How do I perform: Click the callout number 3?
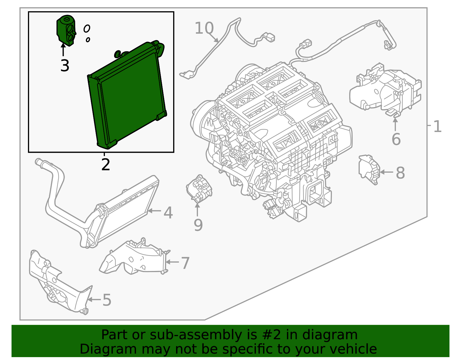pos(65,66)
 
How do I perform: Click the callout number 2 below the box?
pos(106,165)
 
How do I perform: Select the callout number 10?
pos(204,28)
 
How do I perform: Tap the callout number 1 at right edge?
pos(437,127)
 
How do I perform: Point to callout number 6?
pos(396,140)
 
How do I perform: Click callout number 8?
pos(400,173)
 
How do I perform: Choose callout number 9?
pos(198,225)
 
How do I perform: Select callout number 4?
pos(168,213)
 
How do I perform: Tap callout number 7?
pos(185,263)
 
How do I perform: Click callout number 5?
pos(107,300)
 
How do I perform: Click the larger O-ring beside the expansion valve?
pos(87,28)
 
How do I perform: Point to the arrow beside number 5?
pos(94,300)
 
